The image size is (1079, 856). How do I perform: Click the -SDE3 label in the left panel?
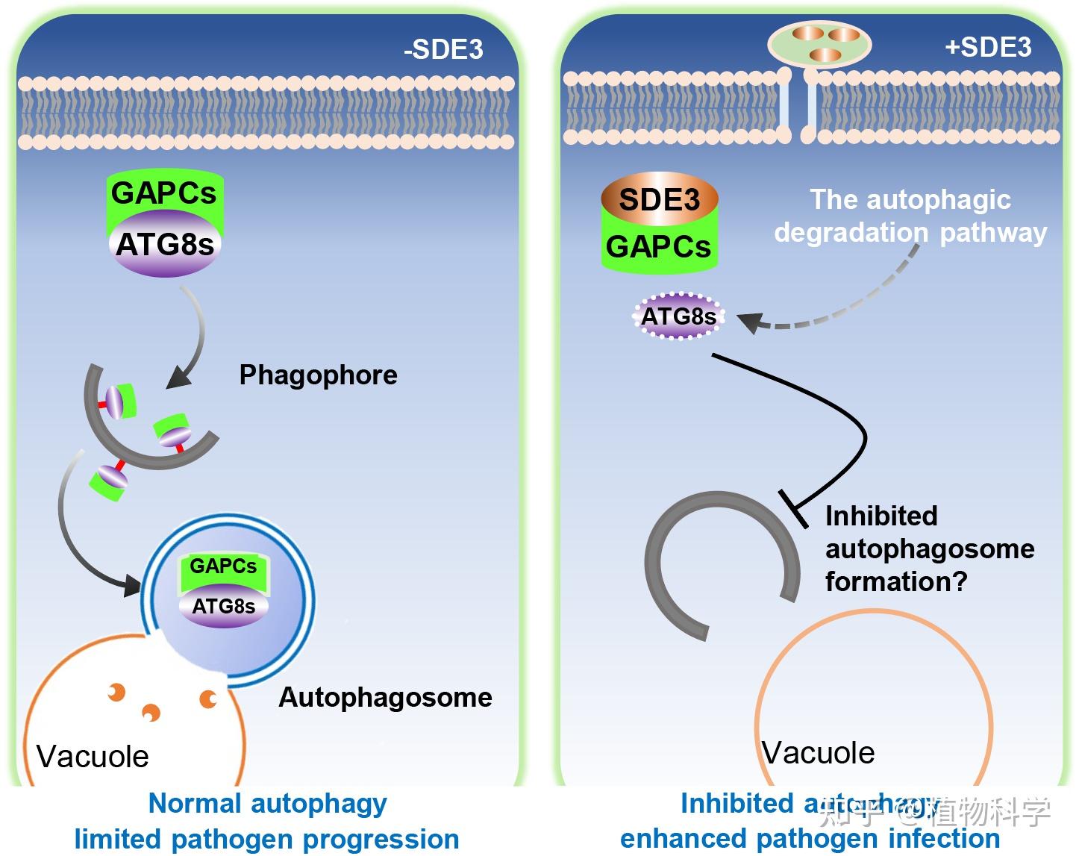(443, 49)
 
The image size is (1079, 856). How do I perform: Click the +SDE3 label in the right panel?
(987, 47)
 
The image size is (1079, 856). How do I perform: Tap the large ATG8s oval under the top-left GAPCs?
(165, 245)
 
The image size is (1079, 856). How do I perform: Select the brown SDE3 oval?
(659, 199)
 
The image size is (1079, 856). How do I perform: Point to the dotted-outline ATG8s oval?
(678, 316)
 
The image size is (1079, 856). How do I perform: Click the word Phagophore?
(318, 375)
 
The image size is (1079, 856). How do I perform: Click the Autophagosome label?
(385, 697)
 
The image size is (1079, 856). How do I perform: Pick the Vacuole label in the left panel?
(93, 756)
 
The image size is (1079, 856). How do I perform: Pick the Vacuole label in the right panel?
(818, 752)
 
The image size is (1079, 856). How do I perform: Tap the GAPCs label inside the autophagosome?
(222, 566)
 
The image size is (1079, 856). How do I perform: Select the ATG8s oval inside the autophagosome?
(223, 606)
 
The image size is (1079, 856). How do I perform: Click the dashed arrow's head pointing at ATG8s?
(750, 322)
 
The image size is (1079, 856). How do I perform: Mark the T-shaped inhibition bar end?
(793, 509)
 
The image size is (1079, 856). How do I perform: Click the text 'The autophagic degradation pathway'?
(910, 216)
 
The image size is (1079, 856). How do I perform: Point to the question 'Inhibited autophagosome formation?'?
(929, 548)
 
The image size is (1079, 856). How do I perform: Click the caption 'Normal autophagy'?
(267, 803)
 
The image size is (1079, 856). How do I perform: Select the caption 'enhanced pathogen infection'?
(810, 838)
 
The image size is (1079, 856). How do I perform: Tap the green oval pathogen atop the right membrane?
(819, 43)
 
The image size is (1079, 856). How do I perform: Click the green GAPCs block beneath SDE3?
(658, 246)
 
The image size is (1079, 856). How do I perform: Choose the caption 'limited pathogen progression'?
(266, 838)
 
